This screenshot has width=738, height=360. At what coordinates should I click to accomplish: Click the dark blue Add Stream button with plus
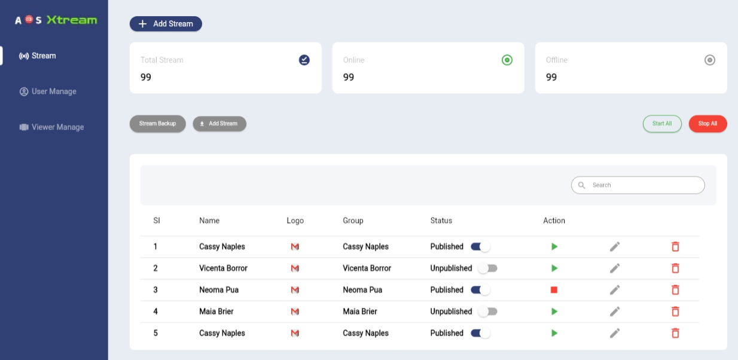point(166,24)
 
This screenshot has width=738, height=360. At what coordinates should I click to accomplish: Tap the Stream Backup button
point(157,124)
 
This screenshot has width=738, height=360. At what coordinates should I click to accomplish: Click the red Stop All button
point(707,124)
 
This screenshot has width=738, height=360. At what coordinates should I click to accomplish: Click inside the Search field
point(643,185)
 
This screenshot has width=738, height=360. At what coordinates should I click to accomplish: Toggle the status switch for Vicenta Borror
point(488,269)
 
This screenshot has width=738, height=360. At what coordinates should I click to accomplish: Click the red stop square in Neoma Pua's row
point(554,290)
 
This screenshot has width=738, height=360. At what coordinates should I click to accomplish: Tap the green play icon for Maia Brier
point(554,312)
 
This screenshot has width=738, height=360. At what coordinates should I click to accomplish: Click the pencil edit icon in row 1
point(615,247)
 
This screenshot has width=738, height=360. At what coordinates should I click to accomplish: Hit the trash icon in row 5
point(675,333)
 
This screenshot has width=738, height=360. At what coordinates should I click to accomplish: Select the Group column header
point(353,221)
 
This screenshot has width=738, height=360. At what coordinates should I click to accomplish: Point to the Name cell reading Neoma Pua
point(219,290)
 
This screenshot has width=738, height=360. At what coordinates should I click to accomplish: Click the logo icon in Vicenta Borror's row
point(295,269)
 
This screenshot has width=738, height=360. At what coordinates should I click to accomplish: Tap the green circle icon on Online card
point(507,60)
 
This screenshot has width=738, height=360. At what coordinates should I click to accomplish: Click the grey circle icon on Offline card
point(710,60)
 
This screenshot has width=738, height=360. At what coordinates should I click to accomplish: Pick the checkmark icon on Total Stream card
point(304,60)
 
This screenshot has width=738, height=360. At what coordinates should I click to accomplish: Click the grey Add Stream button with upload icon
point(219,124)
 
